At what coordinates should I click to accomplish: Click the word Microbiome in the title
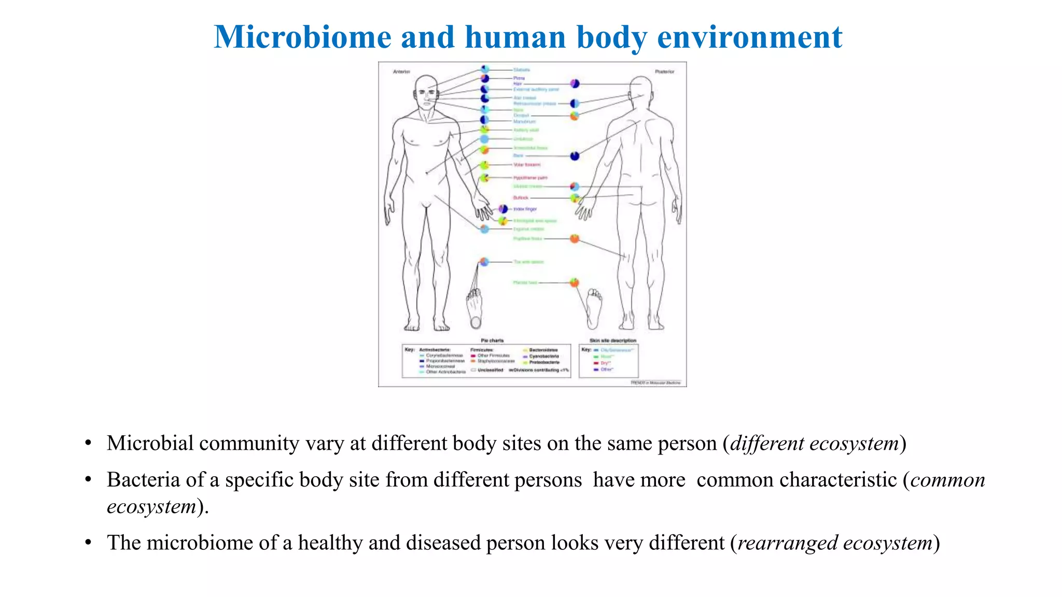[x=302, y=37]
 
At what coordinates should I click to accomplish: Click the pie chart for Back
[x=575, y=156]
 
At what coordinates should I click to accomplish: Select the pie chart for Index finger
[x=503, y=209]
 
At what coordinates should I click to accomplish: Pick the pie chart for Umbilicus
[x=484, y=139]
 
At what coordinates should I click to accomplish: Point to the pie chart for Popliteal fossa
[x=575, y=238]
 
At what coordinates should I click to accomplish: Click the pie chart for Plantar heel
[x=575, y=282]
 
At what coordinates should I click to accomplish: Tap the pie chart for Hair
[x=575, y=83]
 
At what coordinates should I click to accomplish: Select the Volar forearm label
[x=527, y=165]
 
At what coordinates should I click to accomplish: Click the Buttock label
[x=521, y=198]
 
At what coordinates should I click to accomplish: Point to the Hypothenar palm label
[x=530, y=178]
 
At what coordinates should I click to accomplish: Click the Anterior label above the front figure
[x=401, y=72]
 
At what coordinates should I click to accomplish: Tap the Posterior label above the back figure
[x=664, y=72]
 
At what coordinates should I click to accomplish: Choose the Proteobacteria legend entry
[x=544, y=362]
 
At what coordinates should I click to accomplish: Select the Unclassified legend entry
[x=490, y=370]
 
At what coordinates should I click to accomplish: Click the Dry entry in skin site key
[x=605, y=363]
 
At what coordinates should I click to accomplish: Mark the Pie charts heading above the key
[x=492, y=340]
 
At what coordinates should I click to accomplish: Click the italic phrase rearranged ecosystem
[x=835, y=543]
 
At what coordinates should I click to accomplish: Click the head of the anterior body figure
[x=427, y=91]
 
